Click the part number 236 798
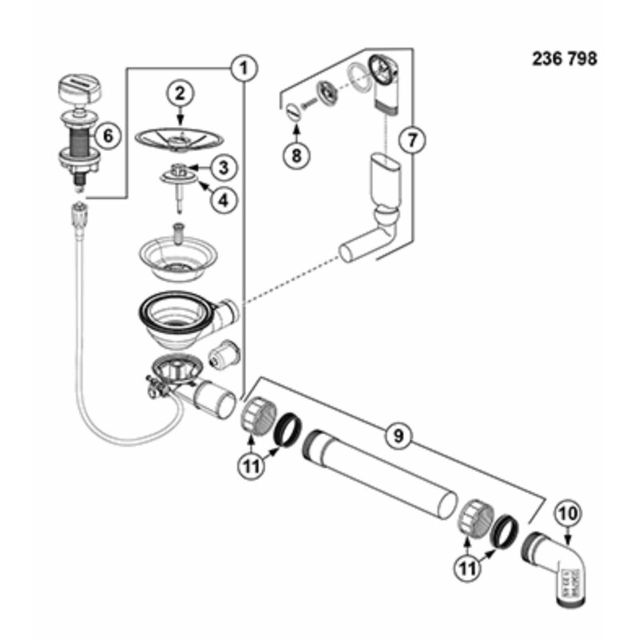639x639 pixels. click(565, 59)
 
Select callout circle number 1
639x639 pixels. click(244, 68)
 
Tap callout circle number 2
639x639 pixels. click(180, 94)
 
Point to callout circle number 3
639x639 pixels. click(224, 168)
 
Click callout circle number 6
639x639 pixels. click(108, 135)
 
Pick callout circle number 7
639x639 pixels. click(412, 141)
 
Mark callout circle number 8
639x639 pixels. click(296, 155)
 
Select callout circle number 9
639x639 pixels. click(398, 435)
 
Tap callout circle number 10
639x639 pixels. click(569, 514)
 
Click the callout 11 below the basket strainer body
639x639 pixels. click(252, 466)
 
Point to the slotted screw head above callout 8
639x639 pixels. click(293, 111)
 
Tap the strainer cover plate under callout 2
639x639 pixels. click(179, 139)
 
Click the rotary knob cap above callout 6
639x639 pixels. click(81, 89)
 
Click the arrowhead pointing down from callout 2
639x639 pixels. click(180, 121)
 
